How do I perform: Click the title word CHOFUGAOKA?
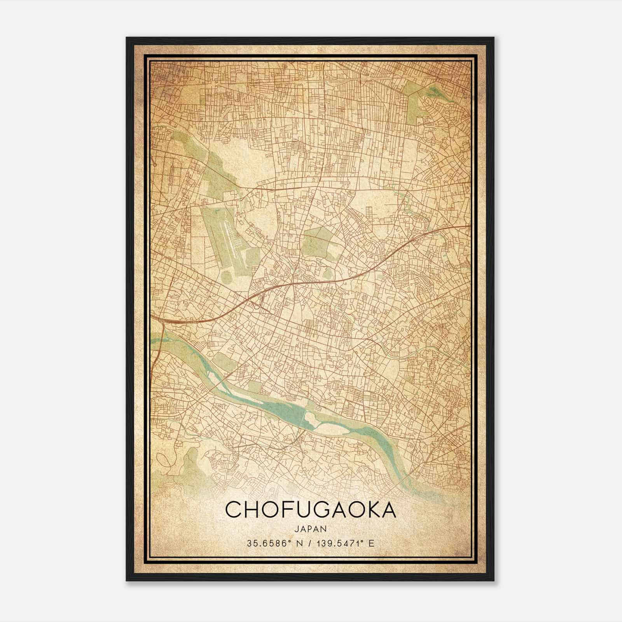click(310, 510)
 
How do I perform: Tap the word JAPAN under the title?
click(310, 529)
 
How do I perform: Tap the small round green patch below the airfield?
click(227, 277)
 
